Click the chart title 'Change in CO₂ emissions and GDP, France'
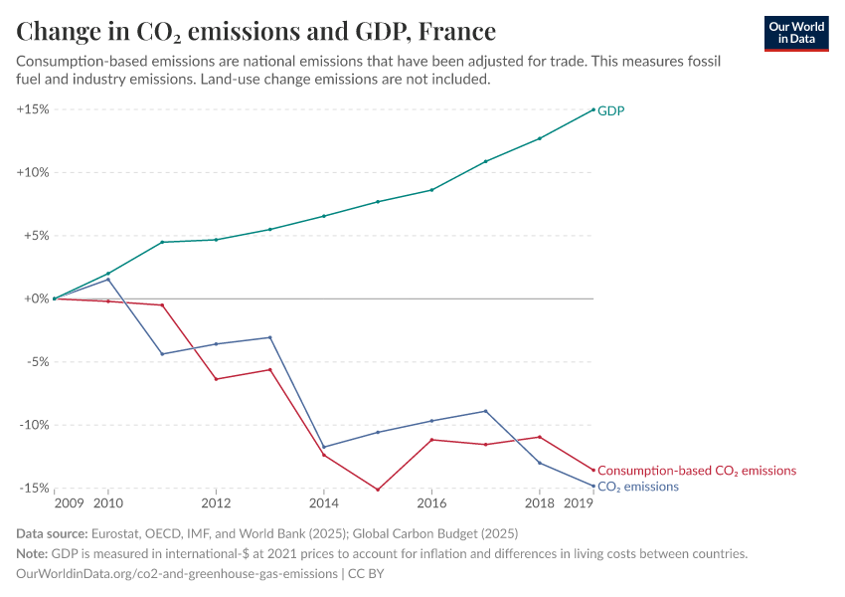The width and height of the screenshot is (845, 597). click(255, 32)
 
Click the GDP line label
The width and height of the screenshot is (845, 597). click(610, 110)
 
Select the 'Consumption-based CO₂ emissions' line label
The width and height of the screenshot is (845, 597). click(696, 471)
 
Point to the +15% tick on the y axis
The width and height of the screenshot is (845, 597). click(33, 109)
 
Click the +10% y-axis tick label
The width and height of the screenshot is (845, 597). click(33, 172)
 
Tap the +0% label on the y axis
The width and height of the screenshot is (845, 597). click(36, 298)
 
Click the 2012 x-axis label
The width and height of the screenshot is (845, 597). click(216, 504)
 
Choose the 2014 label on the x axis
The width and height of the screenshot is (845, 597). click(323, 504)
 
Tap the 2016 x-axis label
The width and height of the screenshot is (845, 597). click(430, 504)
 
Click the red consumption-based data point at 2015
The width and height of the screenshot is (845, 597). click(378, 490)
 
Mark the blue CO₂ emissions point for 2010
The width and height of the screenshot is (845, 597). click(108, 280)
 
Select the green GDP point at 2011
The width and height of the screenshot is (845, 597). click(162, 242)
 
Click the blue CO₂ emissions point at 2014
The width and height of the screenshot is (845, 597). click(323, 447)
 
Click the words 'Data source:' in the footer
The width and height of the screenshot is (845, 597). click(52, 534)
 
